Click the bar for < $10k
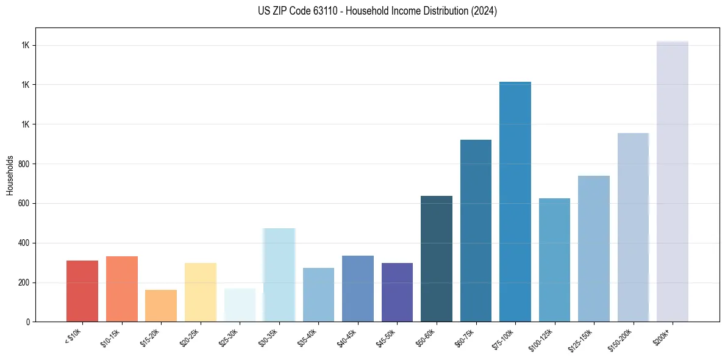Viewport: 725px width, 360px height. point(82,291)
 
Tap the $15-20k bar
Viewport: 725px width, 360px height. point(161,306)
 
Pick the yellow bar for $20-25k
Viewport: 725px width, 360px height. point(200,292)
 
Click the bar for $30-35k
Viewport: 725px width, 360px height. point(279,275)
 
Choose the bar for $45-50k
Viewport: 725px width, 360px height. point(397,292)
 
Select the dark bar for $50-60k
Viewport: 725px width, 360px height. point(437,259)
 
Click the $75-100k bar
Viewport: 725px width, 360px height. point(515,201)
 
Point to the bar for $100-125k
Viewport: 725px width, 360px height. point(554,260)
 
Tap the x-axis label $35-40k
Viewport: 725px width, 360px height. point(308,337)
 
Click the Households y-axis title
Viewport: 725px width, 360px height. point(10,175)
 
